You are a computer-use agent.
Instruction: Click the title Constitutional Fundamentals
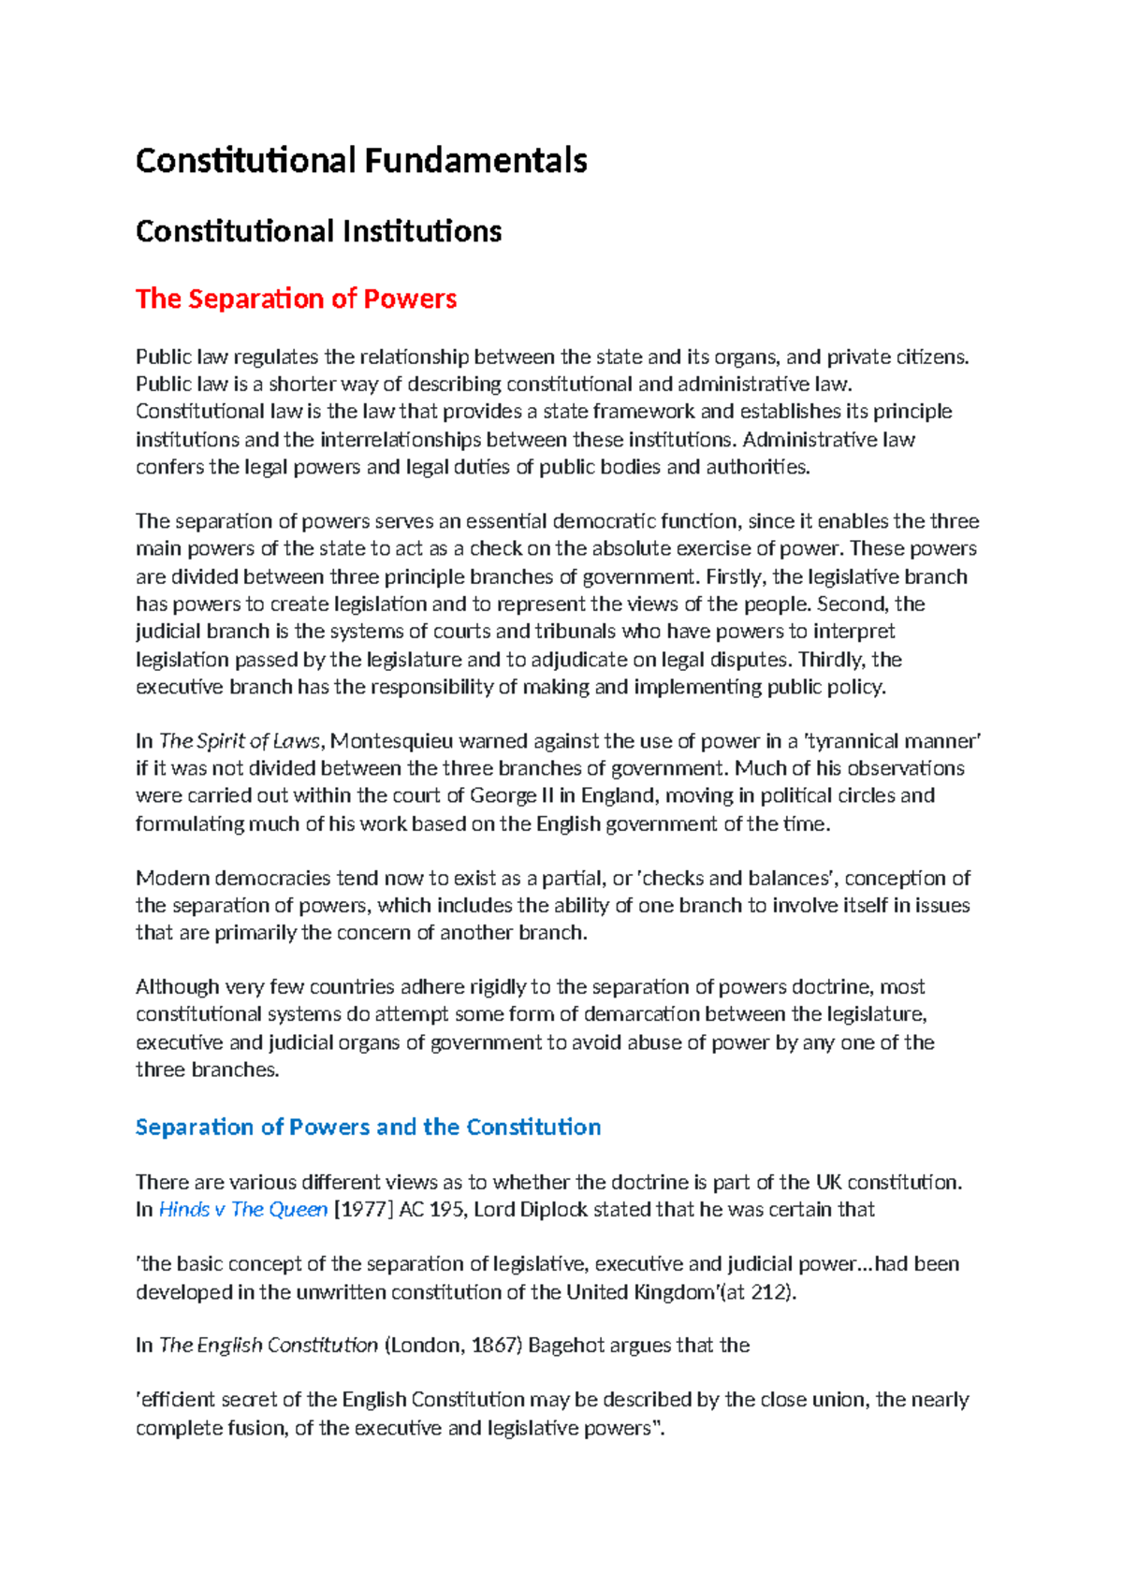click(x=361, y=161)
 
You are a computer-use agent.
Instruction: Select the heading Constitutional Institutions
click(x=318, y=231)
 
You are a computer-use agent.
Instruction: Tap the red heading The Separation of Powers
click(x=296, y=298)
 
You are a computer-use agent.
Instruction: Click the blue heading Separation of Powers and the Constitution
click(x=368, y=1127)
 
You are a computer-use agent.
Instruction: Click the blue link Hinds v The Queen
click(x=243, y=1209)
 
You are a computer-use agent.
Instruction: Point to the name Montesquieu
click(x=392, y=741)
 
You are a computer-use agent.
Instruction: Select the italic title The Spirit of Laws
click(x=240, y=741)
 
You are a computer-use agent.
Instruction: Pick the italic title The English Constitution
click(x=269, y=1345)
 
